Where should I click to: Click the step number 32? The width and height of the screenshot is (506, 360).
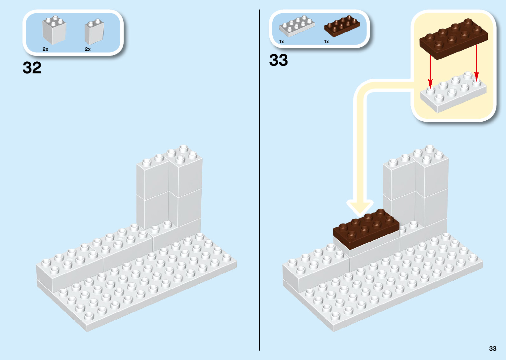[32, 68]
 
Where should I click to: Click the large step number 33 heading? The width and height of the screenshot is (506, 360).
[278, 60]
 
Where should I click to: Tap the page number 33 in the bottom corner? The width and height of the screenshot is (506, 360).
[492, 348]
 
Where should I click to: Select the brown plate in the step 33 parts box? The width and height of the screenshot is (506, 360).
[342, 26]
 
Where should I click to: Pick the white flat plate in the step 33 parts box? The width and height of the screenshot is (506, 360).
[297, 26]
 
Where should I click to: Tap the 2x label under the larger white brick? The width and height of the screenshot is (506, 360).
[46, 49]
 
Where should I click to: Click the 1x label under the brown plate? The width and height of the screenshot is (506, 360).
[327, 42]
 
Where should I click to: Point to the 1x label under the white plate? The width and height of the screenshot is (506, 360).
[282, 42]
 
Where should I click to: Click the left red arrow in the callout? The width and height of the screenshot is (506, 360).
[430, 71]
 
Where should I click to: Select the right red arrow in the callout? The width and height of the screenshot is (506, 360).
[476, 63]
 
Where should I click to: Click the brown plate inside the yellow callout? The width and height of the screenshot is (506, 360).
[453, 39]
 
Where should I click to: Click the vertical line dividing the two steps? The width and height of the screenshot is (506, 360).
[259, 179]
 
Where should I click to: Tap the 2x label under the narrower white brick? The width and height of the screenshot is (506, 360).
[88, 49]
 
